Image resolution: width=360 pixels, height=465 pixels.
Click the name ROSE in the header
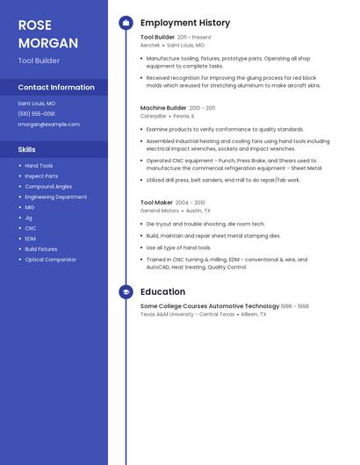click(x=35, y=25)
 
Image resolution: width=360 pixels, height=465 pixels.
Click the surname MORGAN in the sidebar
click(x=47, y=43)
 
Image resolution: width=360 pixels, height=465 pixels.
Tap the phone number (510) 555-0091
click(x=36, y=114)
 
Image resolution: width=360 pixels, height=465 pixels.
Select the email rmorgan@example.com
click(x=48, y=125)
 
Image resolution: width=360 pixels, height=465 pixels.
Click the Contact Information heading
click(x=56, y=87)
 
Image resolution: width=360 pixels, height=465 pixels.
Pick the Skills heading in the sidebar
click(x=27, y=149)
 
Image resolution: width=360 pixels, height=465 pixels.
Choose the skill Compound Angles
click(x=48, y=187)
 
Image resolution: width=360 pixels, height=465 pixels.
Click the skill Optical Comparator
click(x=50, y=260)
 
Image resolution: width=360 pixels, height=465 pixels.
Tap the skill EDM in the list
click(x=30, y=239)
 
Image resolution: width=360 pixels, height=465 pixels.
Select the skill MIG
click(x=30, y=208)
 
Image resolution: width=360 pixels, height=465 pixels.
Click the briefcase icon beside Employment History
click(x=126, y=23)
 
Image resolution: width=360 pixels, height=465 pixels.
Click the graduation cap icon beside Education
click(x=126, y=292)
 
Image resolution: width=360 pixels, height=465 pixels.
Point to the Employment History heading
click(x=185, y=23)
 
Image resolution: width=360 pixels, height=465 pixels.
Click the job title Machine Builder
click(x=163, y=108)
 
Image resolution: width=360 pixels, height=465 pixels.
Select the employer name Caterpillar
click(x=153, y=116)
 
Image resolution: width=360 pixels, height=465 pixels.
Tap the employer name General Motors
click(x=160, y=211)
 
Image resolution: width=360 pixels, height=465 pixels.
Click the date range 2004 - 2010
click(x=190, y=203)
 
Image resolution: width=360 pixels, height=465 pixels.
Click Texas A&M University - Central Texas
click(x=188, y=314)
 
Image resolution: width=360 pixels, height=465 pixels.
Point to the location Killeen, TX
click(x=255, y=314)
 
